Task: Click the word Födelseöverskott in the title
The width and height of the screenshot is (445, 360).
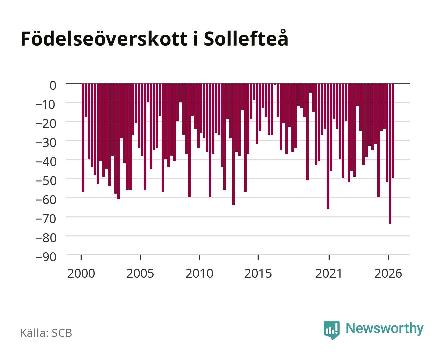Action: click(x=104, y=39)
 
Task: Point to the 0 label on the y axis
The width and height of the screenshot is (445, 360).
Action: click(x=53, y=86)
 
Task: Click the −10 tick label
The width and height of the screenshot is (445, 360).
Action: click(x=46, y=105)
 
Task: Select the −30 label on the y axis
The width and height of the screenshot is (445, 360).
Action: click(x=46, y=143)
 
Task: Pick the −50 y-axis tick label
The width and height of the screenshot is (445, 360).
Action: click(x=46, y=181)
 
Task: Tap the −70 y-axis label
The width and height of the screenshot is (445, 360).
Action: click(x=46, y=219)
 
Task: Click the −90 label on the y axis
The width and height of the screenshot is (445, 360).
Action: click(x=46, y=257)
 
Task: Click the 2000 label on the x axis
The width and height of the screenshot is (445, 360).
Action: click(x=81, y=273)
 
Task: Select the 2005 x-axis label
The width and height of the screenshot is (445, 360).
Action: click(x=140, y=273)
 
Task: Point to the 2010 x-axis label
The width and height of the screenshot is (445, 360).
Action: click(x=199, y=273)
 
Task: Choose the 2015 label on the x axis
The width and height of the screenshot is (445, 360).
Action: click(x=258, y=273)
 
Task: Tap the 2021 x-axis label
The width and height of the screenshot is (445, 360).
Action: click(x=329, y=273)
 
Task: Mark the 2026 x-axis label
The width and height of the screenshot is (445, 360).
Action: click(x=388, y=273)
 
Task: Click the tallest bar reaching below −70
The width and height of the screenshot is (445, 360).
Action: click(x=390, y=154)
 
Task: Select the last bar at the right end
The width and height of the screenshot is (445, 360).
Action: click(x=393, y=131)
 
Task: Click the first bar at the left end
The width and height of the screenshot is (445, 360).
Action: click(x=83, y=138)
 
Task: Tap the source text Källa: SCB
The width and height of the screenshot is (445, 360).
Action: click(x=46, y=333)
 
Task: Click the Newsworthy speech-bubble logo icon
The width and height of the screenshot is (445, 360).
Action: click(x=331, y=330)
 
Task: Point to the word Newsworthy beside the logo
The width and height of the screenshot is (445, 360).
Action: click(x=385, y=329)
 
